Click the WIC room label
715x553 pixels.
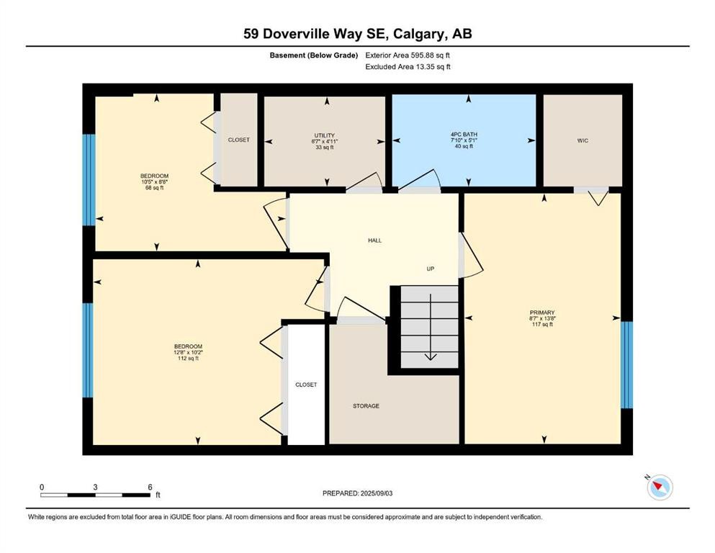point(583,140)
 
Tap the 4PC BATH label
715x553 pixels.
point(464,135)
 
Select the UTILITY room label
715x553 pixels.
point(324,135)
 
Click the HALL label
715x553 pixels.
point(375,240)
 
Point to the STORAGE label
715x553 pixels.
point(366,405)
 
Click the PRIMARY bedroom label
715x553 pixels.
point(542,313)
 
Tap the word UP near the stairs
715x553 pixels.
point(431,269)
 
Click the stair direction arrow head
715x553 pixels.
point(431,356)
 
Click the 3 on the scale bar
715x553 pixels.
point(95,487)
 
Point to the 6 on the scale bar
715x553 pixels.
point(150,487)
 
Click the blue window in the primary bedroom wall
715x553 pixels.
point(627,365)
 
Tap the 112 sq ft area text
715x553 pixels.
point(188,359)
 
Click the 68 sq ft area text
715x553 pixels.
point(154,187)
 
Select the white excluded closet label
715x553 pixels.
point(306,385)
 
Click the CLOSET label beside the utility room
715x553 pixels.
point(238,140)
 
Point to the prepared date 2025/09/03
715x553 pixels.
point(376,493)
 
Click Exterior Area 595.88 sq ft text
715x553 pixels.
point(408,55)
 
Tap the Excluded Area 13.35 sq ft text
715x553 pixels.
point(408,66)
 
